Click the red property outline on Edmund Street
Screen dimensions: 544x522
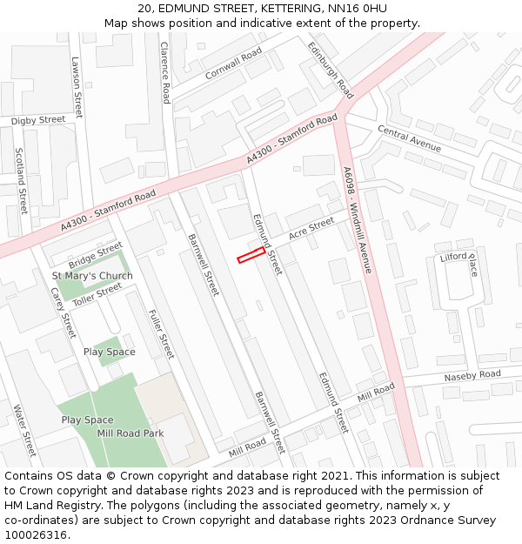pos(251,254)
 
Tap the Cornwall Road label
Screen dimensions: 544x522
pos(233,64)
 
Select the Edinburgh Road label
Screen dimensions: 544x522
pos(330,70)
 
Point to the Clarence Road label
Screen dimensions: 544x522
pos(164,73)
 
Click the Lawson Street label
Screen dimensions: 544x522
pos(77,88)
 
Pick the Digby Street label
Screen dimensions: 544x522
pos(38,119)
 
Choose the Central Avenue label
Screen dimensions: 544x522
pos(409,138)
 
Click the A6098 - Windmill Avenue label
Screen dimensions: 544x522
pos(358,220)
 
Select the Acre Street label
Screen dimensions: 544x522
pos(311,228)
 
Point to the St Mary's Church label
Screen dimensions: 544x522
pos(92,276)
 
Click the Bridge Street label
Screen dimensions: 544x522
pos(96,255)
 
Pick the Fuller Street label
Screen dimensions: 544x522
pos(161,334)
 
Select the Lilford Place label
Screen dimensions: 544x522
pos(460,261)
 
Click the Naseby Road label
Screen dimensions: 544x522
pos(472,374)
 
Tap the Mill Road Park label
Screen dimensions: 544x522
pos(130,433)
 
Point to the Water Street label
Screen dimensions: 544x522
pos(23,430)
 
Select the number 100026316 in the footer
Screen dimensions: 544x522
pos(35,534)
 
